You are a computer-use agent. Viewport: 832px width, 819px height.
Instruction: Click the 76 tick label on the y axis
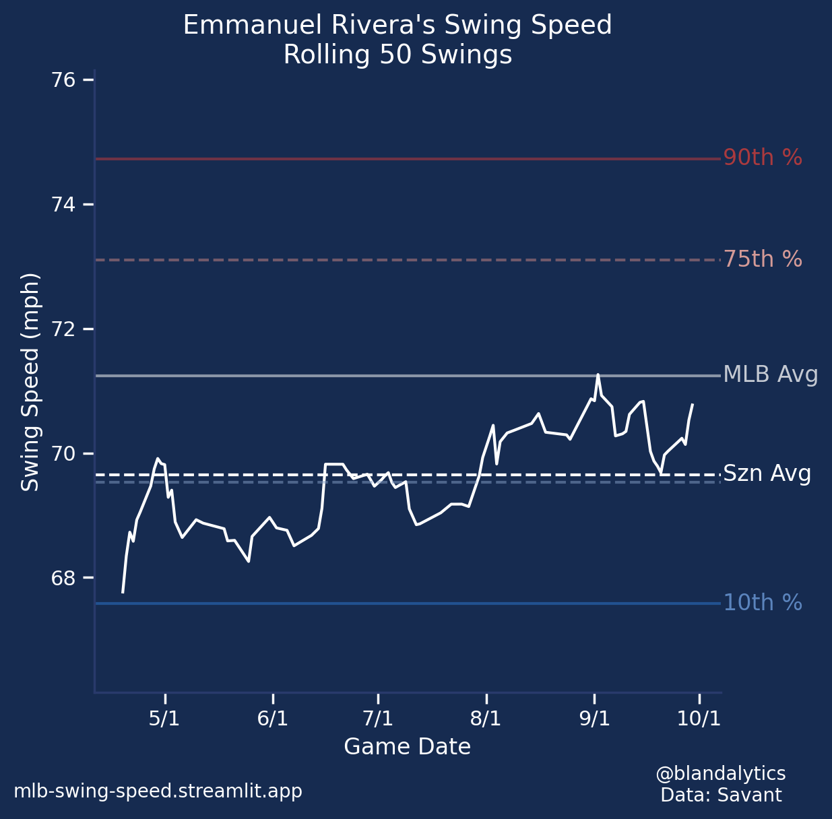[63, 80]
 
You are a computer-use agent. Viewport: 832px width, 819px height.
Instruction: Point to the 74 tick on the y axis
[63, 205]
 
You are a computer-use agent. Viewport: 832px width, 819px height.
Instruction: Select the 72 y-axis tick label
[63, 329]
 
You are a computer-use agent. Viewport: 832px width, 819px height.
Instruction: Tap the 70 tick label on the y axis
[63, 454]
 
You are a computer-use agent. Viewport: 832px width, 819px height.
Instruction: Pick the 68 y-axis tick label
[63, 579]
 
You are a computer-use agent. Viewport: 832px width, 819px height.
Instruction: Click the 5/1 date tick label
[164, 719]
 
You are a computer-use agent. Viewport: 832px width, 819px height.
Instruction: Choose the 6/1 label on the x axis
[272, 719]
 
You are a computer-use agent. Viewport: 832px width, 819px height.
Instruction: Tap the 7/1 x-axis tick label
[378, 719]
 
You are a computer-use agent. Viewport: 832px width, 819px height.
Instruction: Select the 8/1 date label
[486, 719]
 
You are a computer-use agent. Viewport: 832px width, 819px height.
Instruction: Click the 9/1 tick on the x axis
[594, 719]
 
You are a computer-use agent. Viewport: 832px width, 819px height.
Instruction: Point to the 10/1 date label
[699, 719]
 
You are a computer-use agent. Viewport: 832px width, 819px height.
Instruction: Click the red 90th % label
[763, 158]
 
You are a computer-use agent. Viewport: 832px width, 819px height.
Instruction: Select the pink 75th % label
[763, 259]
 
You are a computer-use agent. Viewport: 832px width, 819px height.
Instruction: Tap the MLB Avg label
[771, 374]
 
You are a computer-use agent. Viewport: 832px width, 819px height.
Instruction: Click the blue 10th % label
[763, 603]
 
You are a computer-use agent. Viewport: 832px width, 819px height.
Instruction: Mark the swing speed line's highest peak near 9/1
[598, 374]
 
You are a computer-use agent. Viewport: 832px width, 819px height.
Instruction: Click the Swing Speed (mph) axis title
[30, 382]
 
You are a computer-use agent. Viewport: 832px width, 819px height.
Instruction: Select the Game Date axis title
[407, 747]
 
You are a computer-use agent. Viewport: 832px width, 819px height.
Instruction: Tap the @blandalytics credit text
[721, 773]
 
